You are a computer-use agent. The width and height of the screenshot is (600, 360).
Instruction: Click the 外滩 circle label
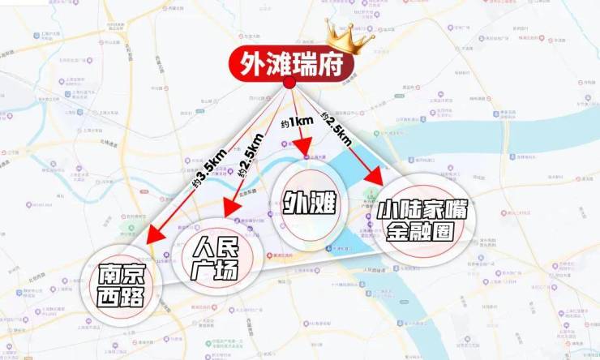point(308,203)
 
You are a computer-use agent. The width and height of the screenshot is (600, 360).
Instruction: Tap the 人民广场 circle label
point(212,254)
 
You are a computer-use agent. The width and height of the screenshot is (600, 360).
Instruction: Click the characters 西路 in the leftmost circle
point(122,298)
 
